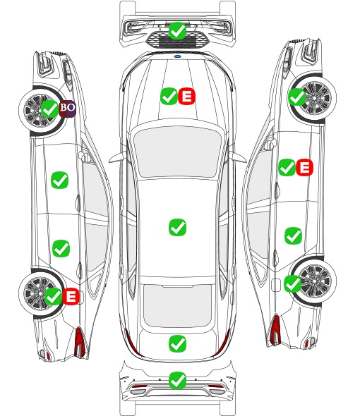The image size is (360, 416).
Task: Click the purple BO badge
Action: [x=67, y=109]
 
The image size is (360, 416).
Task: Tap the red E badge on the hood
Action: [x=186, y=97]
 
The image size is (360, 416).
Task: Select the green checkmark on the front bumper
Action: [x=177, y=31]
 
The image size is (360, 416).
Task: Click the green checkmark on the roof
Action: [x=177, y=227]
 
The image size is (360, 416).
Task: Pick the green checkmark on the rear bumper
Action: [x=177, y=381]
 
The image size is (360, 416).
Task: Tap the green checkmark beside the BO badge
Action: [x=49, y=109]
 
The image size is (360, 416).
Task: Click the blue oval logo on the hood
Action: [x=177, y=56]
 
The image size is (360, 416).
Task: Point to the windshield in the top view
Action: [x=177, y=152]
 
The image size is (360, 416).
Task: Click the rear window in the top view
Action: [x=177, y=305]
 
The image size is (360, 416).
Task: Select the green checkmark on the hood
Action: [x=169, y=97]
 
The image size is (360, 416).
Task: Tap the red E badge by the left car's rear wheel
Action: [x=71, y=296]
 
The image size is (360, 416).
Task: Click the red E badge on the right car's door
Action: [x=304, y=167]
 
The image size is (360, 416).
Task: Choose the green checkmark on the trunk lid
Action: [x=177, y=344]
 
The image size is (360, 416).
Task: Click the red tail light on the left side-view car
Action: [x=80, y=342]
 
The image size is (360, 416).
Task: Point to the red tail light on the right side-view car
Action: [x=275, y=329]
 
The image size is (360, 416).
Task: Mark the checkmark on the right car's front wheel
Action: [x=296, y=97]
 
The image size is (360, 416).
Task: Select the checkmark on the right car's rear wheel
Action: [x=292, y=283]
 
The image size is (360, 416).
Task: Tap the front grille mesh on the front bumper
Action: [x=177, y=40]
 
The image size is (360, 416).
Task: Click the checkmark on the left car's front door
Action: [x=59, y=180]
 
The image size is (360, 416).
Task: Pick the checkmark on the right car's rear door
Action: [x=293, y=235]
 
